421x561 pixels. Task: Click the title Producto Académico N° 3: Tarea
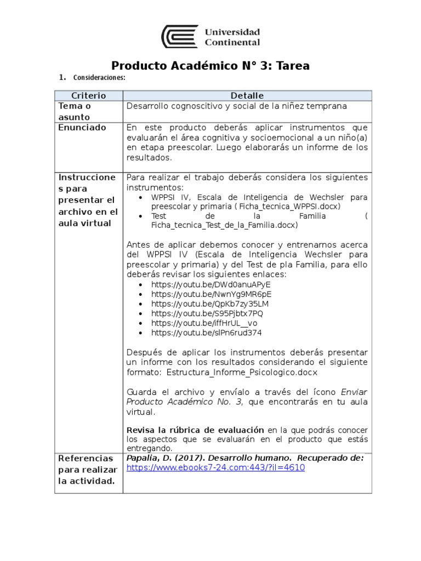tap(210, 66)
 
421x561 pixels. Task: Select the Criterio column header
tap(88, 95)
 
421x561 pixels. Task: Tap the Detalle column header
tap(247, 95)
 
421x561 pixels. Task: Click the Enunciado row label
tap(82, 127)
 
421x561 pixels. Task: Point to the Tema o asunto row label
tap(75, 111)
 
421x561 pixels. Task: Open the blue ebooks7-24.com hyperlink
tap(215, 467)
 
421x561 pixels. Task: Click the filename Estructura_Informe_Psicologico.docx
tap(242, 372)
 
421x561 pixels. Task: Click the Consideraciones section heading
tap(99, 78)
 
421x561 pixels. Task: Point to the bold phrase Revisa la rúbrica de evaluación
tap(195, 430)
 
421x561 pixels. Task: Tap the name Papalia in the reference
tap(143, 458)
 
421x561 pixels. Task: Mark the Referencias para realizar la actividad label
tap(88, 469)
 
